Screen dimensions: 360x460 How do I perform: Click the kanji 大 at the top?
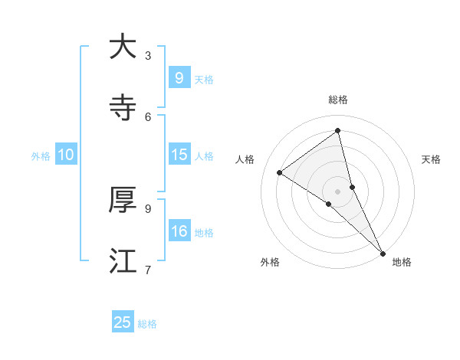123,47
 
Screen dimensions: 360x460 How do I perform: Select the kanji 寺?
123,109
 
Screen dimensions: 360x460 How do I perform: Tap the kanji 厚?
123,200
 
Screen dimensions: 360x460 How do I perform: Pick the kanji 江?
123,261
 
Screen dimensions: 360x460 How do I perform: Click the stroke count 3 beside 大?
148,55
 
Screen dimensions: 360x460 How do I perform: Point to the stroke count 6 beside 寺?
148,116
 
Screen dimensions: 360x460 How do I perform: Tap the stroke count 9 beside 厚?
148,208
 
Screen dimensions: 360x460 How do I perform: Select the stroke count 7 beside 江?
148,269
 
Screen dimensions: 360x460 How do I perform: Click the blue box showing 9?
179,78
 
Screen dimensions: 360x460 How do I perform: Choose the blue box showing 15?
179,155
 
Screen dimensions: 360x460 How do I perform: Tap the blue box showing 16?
179,231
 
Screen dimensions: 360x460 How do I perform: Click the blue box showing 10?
65,155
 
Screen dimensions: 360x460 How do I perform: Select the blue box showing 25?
123,322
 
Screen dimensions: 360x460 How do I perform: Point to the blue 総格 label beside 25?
147,324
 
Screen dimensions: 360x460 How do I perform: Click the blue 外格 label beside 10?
41,156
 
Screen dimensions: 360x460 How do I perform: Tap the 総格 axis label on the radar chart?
338,100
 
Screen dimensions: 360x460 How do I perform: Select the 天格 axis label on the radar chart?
432,159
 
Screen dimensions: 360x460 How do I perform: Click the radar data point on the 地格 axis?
382,252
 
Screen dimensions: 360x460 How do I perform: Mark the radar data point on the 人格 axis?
279,172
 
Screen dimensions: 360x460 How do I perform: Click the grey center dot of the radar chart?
338,191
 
